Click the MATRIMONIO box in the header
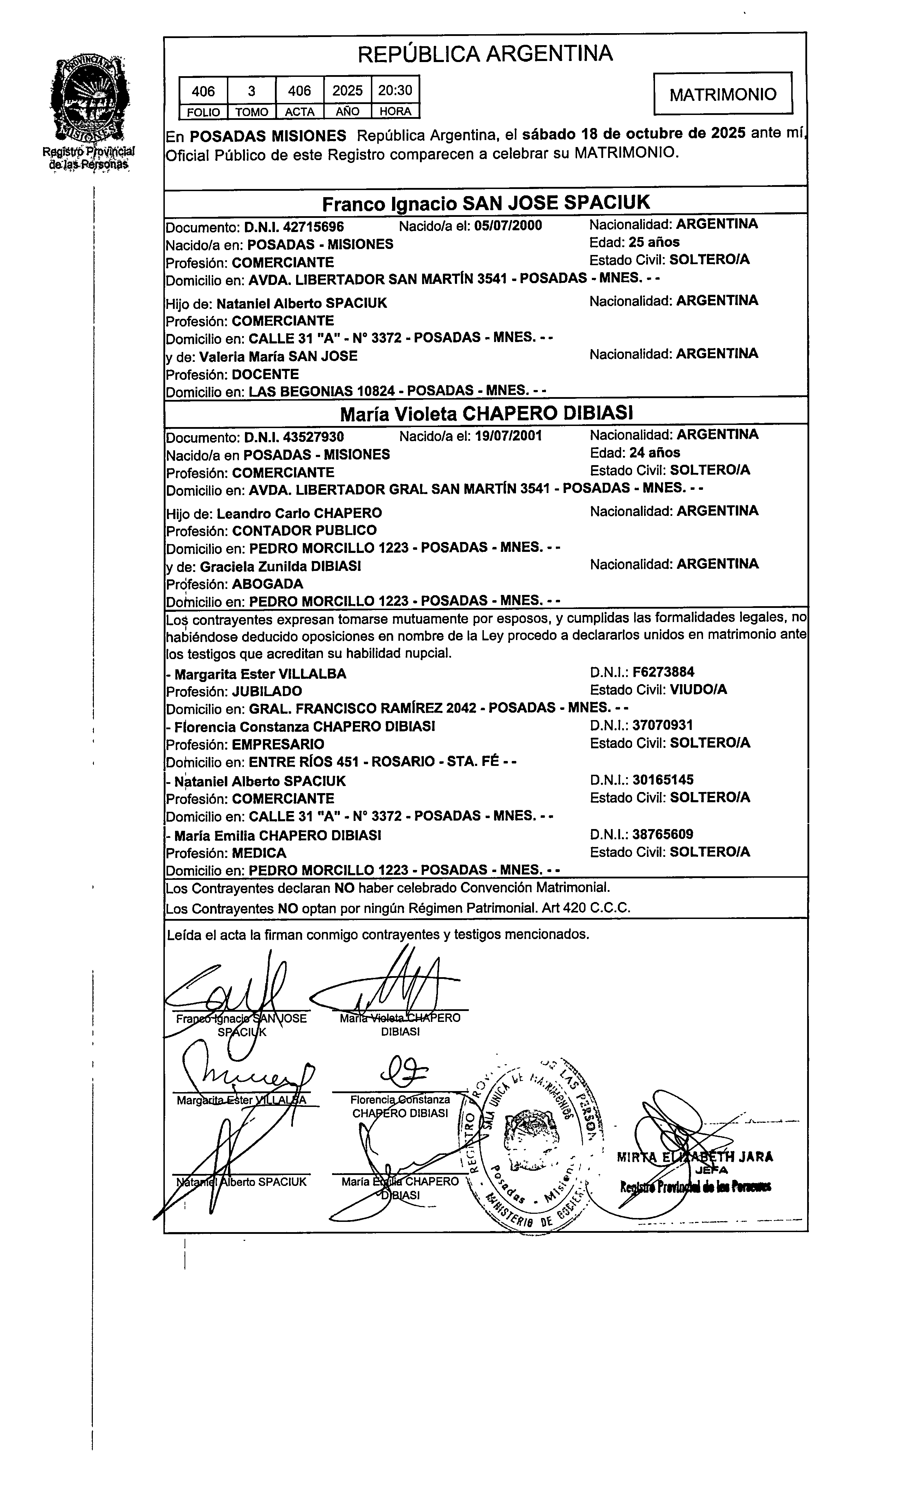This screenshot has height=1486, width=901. pos(723,94)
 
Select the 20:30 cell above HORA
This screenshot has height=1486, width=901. pos(395,91)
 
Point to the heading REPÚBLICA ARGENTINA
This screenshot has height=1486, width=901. pos(485,54)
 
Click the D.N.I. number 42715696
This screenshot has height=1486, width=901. pos(313,227)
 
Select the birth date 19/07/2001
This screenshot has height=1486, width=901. pos(508,436)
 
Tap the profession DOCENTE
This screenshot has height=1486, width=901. pos(265,374)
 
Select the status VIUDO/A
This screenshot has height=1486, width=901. pos(698,689)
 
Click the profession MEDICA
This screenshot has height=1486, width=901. pos(259,853)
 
